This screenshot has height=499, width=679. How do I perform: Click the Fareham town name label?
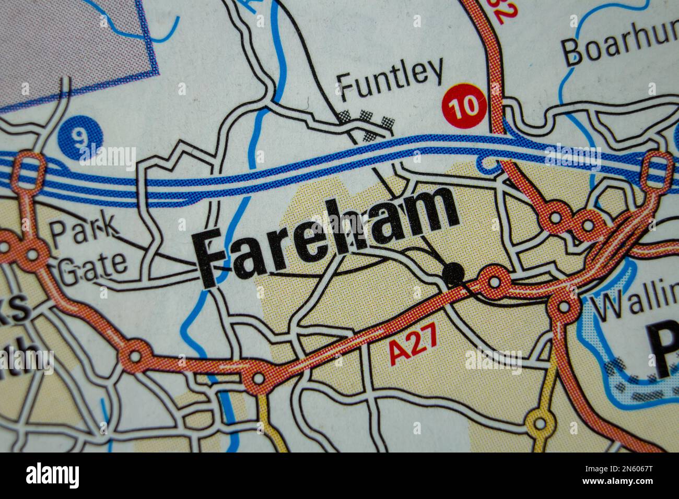[x=326, y=235]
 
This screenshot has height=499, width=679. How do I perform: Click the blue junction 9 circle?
[x=80, y=137]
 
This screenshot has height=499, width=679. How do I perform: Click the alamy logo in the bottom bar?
[x=52, y=476]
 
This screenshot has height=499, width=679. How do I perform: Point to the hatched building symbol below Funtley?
[x=366, y=122]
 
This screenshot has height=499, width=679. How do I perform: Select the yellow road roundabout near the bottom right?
[x=540, y=422]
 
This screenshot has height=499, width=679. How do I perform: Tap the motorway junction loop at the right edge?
[x=657, y=168]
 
